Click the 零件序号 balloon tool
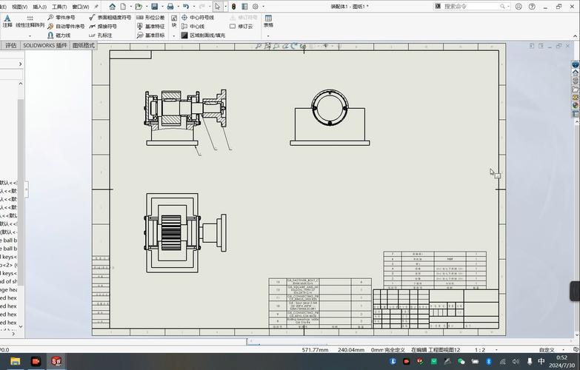click(x=64, y=17)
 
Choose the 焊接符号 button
click(x=107, y=26)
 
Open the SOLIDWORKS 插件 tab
click(x=44, y=45)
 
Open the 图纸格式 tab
click(x=84, y=45)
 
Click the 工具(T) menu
click(x=59, y=7)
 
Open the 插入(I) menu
click(x=39, y=7)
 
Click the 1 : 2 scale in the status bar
click(x=480, y=350)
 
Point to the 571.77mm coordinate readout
click(x=315, y=350)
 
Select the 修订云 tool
click(x=245, y=26)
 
